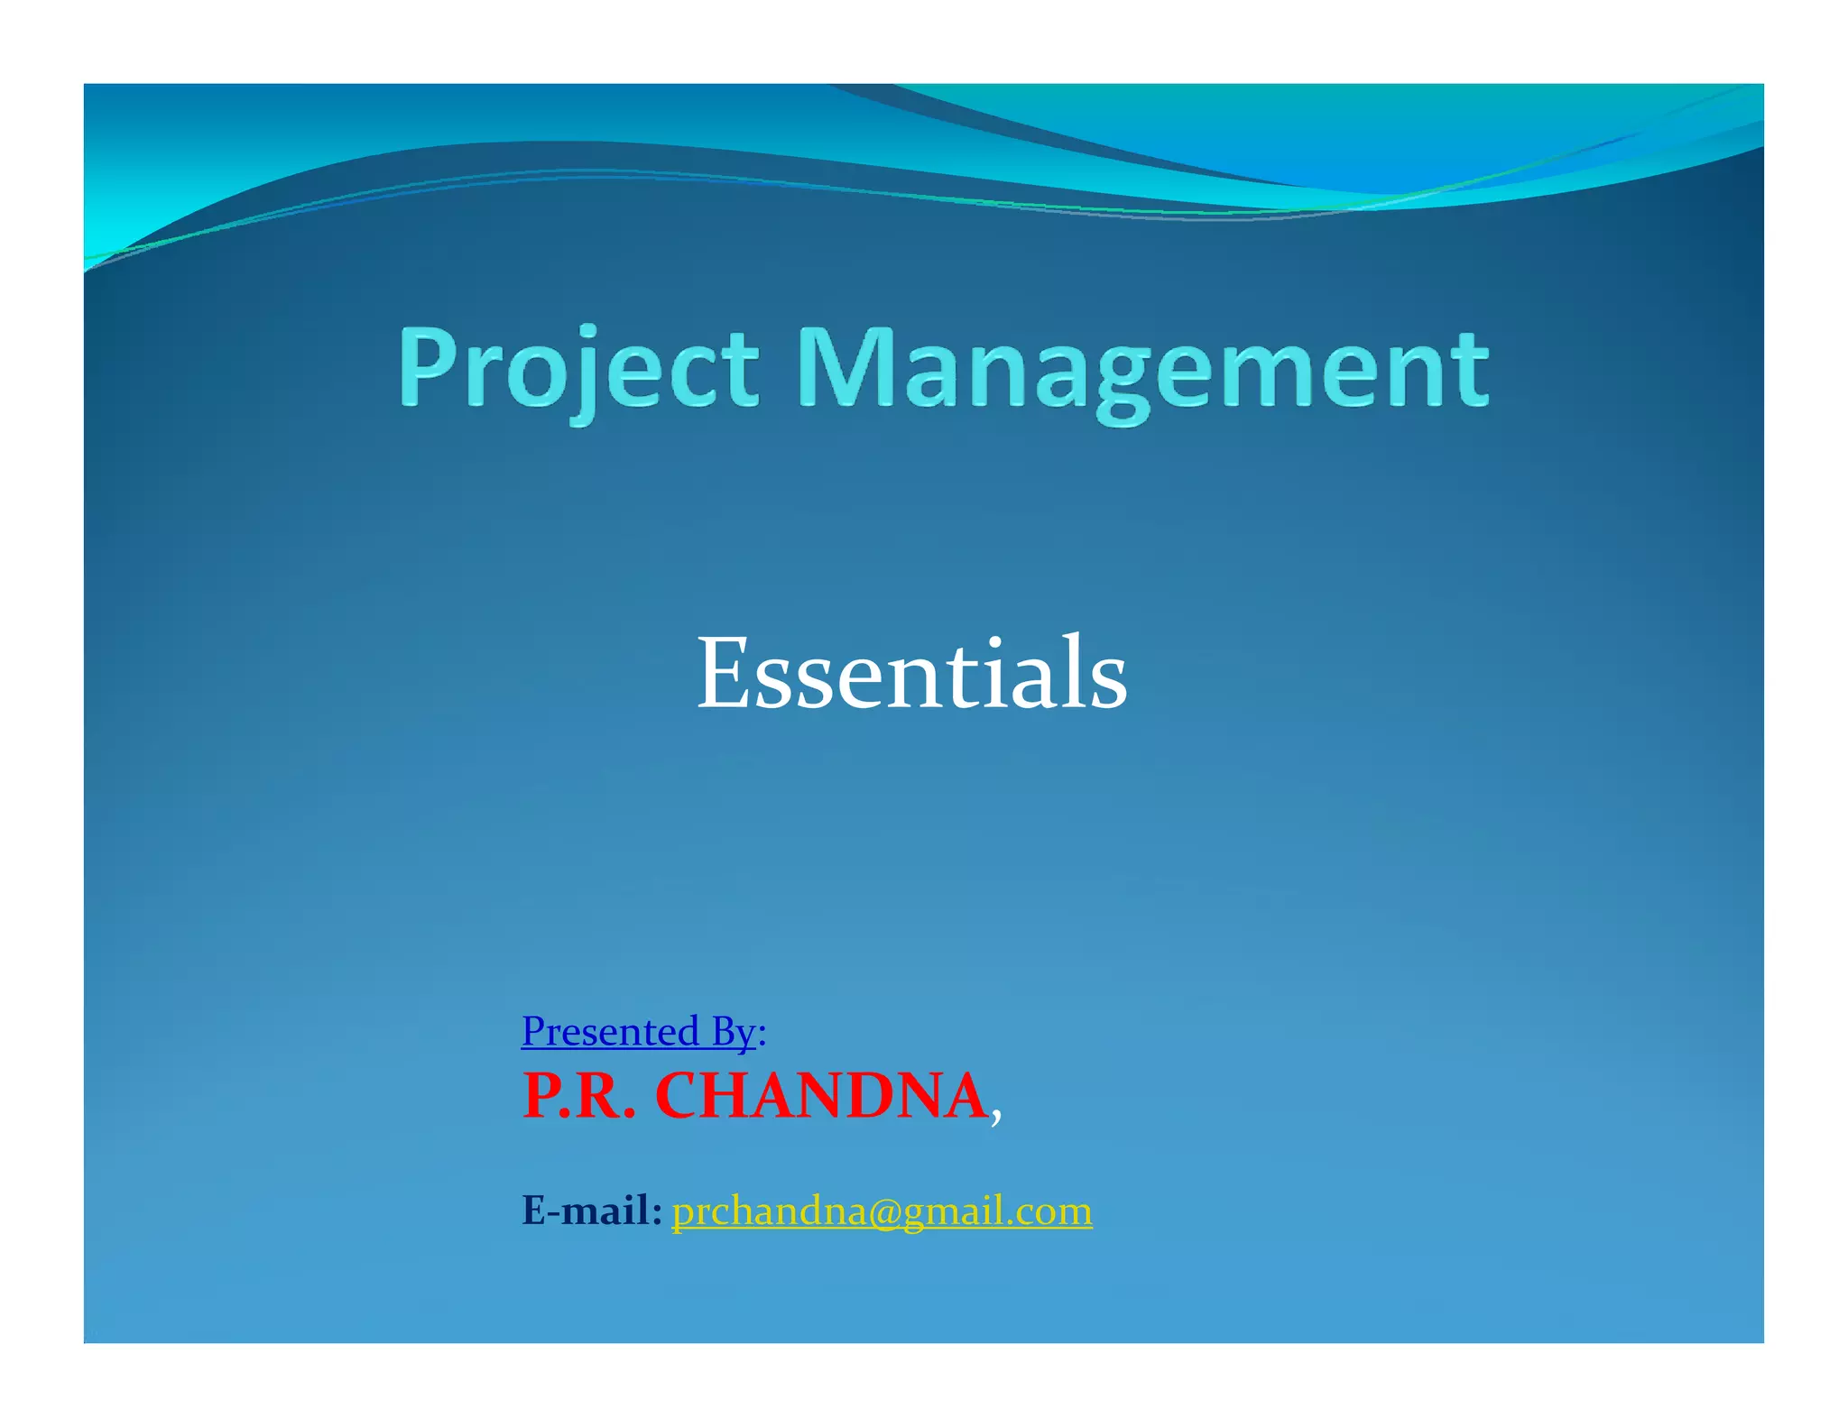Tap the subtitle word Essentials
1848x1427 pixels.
(911, 673)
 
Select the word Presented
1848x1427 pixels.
(610, 1031)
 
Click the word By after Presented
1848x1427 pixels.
(732, 1031)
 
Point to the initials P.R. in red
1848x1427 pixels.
(578, 1097)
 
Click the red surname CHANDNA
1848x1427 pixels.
(821, 1097)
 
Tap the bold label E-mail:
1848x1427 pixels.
(592, 1211)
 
